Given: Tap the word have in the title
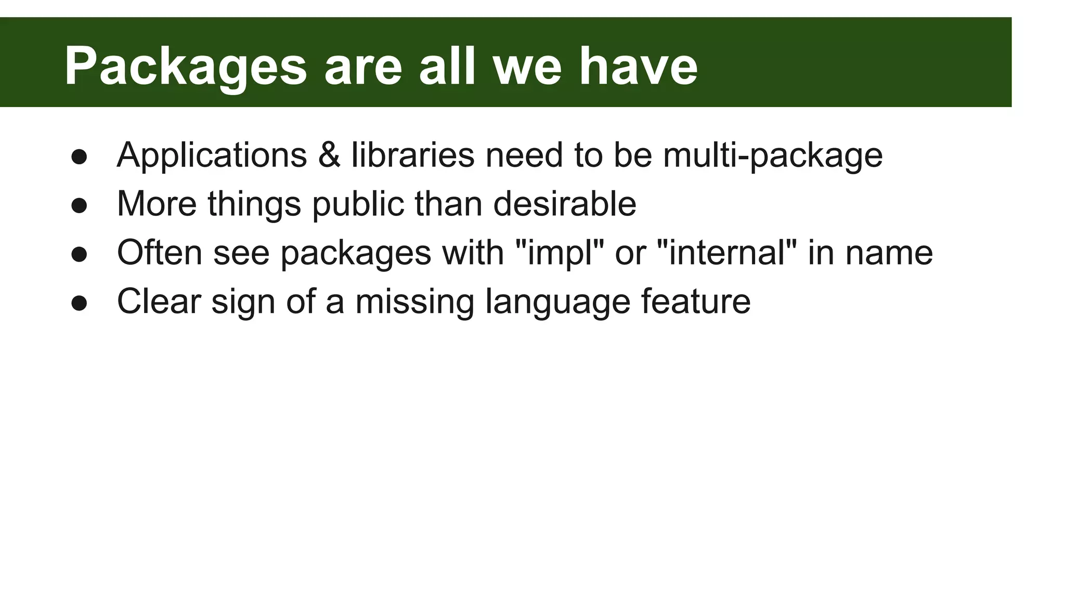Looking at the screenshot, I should [638, 67].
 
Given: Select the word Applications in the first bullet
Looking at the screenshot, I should [212, 155].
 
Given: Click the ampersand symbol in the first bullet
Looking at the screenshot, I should [329, 155].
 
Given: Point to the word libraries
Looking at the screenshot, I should [413, 155].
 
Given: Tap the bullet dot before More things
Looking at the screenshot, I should [79, 205].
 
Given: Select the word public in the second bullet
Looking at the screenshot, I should [358, 204].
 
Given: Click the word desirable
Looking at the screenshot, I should [564, 204].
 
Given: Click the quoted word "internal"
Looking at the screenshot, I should [726, 253].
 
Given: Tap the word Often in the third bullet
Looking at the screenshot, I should [159, 253].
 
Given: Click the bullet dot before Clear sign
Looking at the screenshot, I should [79, 303].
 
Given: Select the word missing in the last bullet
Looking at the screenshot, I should [414, 302].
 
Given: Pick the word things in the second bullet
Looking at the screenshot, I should [254, 204].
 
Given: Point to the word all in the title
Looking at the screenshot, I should [447, 67].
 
